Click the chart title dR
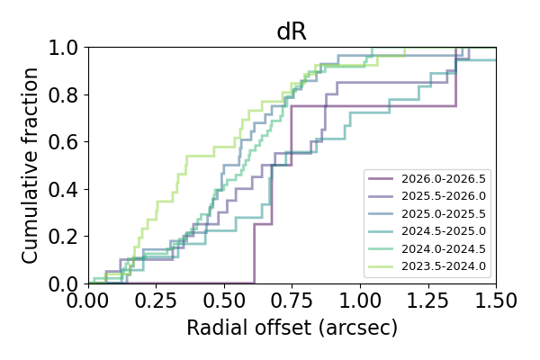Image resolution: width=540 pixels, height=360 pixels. pyautogui.click(x=292, y=31)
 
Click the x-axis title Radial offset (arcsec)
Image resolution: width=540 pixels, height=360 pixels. pyautogui.click(x=292, y=328)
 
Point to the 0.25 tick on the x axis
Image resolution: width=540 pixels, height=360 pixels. pyautogui.click(x=156, y=298)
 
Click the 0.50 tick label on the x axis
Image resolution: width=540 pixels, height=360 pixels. pyautogui.click(x=224, y=298)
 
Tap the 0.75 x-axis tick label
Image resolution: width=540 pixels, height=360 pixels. pyautogui.click(x=292, y=298)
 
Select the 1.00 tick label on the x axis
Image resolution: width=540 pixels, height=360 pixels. pyautogui.click(x=360, y=298)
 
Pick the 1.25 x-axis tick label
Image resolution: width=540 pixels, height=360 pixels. pyautogui.click(x=427, y=298)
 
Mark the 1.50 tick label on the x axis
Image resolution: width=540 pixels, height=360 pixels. pyautogui.click(x=495, y=298)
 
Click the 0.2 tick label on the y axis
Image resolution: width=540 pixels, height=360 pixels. pyautogui.click(x=66, y=237)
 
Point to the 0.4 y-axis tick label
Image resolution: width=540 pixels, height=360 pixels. pyautogui.click(x=66, y=189)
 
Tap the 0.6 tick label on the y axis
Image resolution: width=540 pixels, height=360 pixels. pyautogui.click(x=66, y=142)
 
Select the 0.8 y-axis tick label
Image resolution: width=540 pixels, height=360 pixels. pyautogui.click(x=66, y=94)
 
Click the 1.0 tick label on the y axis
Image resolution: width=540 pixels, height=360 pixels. pyautogui.click(x=66, y=48)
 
